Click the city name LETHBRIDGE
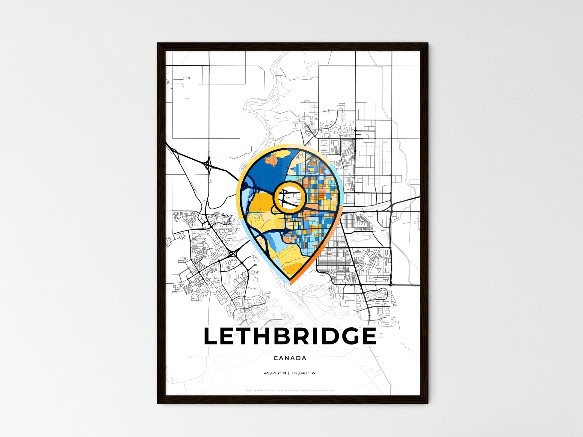290,336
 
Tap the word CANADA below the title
290,358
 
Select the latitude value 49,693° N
275,373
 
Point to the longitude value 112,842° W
303,373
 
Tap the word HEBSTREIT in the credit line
264,391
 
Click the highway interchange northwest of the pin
207,164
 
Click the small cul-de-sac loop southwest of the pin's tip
255,265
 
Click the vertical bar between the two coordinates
289,373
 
